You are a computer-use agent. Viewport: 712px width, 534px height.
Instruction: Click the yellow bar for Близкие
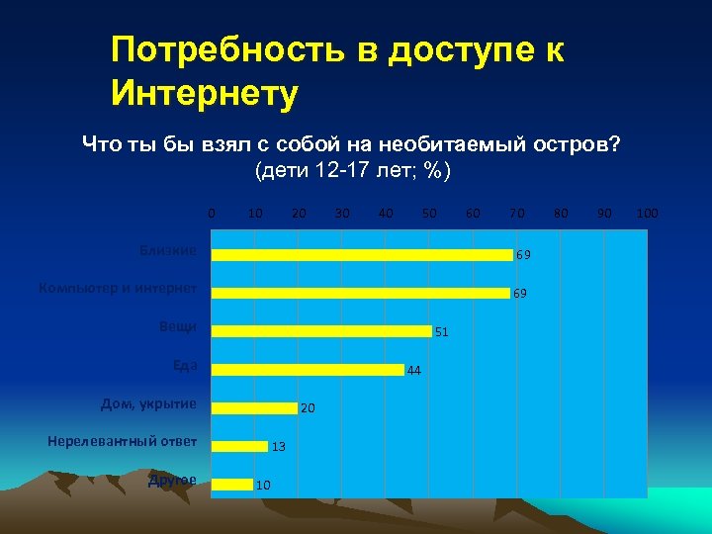click(363, 254)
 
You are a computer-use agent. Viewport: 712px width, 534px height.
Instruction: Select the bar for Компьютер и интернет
click(362, 293)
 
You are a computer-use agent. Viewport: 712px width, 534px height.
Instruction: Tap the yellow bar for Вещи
click(322, 330)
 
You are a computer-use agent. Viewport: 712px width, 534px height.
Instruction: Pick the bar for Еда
click(309, 370)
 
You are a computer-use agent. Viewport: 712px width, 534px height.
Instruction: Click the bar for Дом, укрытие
click(255, 407)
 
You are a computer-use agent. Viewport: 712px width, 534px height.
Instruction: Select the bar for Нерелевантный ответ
click(240, 446)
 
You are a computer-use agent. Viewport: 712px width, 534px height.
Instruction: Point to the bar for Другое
click(233, 484)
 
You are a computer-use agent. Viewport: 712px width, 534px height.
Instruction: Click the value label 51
click(442, 332)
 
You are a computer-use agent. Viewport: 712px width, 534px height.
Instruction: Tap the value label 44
click(414, 371)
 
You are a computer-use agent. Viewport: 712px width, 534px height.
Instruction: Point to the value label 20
click(308, 408)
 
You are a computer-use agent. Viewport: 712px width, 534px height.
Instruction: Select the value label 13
click(279, 447)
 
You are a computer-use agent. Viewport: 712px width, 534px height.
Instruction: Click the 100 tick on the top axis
click(648, 213)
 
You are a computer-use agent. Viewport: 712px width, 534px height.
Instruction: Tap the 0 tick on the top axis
click(210, 213)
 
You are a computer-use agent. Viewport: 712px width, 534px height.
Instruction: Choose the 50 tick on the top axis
click(429, 213)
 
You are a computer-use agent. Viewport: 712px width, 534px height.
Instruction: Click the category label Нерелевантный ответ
click(122, 441)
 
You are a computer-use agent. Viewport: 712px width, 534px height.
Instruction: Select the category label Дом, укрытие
click(148, 403)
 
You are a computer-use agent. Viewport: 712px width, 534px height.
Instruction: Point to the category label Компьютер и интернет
click(118, 289)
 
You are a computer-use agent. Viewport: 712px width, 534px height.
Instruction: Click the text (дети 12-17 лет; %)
click(353, 170)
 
